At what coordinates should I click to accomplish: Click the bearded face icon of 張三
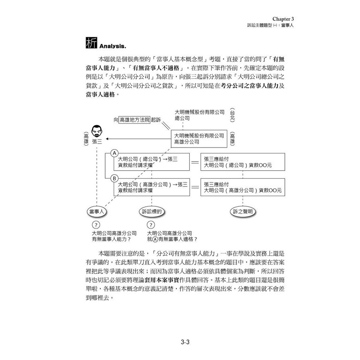pyautogui.click(x=96, y=130)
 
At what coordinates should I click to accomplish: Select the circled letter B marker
pyautogui.click(x=114, y=178)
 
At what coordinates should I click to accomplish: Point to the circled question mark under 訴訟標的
pyautogui.click(x=151, y=225)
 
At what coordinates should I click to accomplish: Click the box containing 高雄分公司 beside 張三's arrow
pyautogui.click(x=199, y=139)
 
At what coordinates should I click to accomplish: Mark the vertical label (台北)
pyautogui.click(x=232, y=114)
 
